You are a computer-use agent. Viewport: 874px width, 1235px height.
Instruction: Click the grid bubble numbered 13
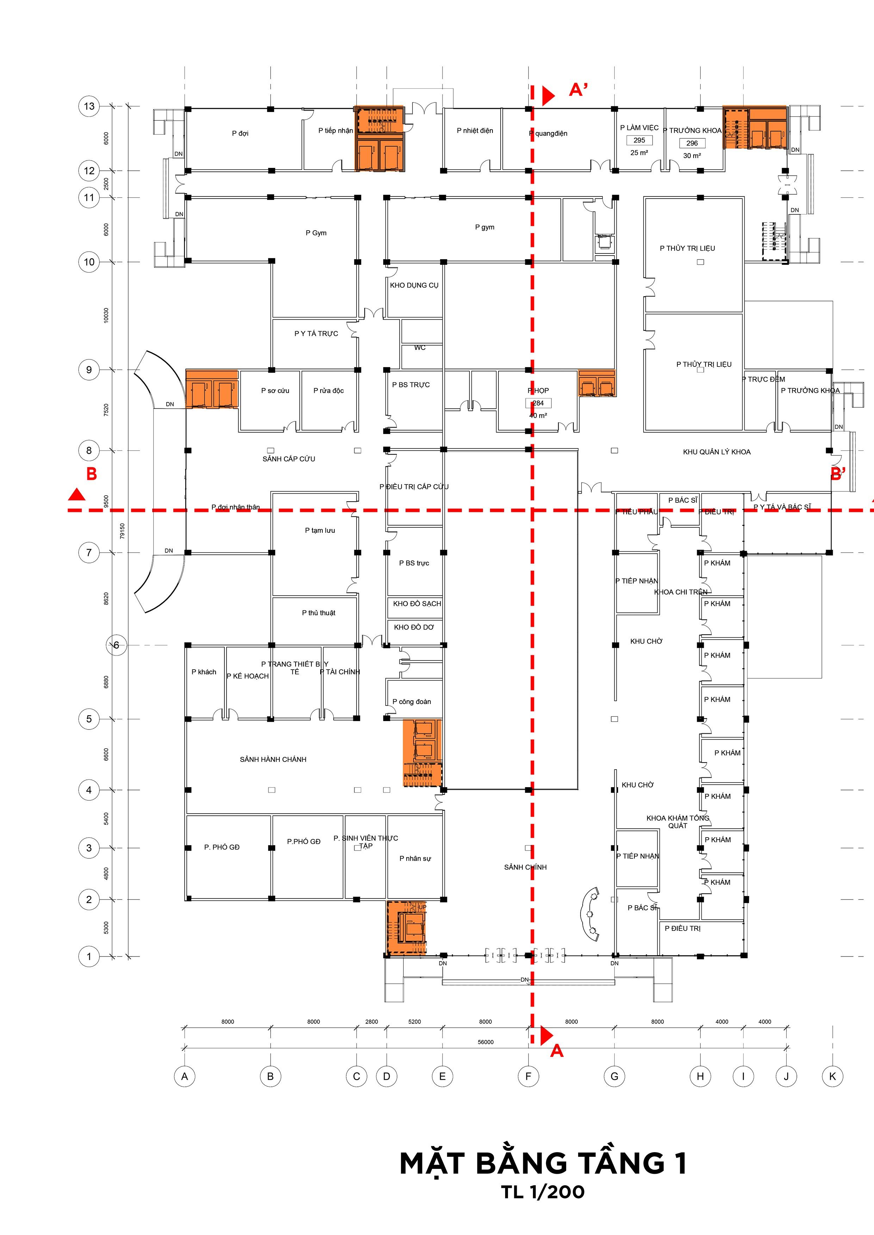89,106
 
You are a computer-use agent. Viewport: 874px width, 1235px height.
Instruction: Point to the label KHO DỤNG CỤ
414,285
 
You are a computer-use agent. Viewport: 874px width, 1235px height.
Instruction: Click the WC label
420,347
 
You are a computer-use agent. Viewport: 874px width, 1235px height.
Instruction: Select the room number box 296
692,143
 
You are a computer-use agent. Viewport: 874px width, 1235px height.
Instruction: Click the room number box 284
538,403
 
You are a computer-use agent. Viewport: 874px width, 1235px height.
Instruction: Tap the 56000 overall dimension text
485,1042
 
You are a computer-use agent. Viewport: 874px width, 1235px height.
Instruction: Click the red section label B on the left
92,474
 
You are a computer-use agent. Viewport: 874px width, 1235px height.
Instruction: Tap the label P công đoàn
412,701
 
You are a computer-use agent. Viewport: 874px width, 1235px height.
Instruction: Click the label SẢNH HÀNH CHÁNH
273,759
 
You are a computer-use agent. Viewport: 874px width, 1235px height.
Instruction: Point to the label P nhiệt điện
475,130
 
